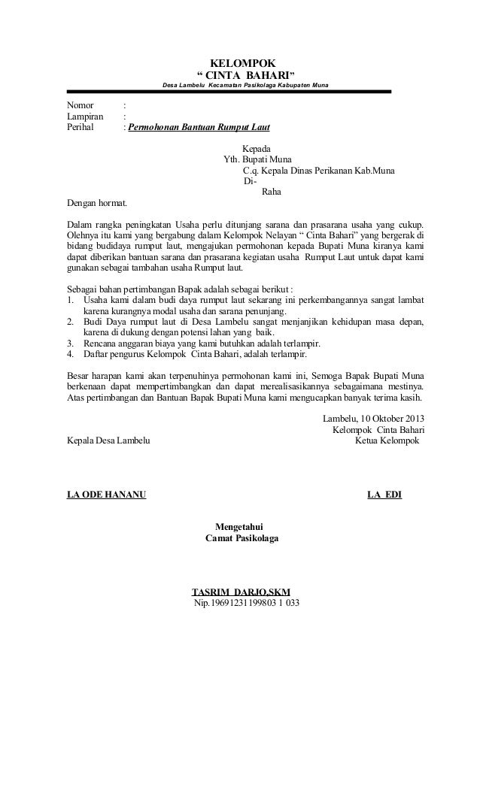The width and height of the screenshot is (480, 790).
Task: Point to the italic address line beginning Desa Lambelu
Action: (241, 85)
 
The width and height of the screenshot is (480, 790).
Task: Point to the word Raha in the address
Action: (271, 191)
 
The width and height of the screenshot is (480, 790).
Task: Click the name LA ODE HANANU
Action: (107, 495)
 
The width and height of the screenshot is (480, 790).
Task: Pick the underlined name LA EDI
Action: (384, 495)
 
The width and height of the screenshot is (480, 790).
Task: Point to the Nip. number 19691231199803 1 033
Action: (247, 604)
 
